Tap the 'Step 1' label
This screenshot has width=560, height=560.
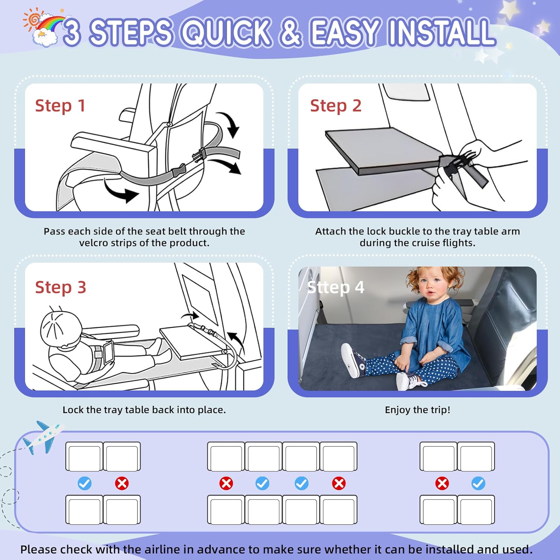coord(60,106)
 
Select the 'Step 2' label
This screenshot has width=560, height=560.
coord(336,106)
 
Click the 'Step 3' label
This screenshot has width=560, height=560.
coord(60,287)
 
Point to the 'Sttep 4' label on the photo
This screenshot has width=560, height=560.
coord(335,287)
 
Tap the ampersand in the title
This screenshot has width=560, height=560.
coord(290,32)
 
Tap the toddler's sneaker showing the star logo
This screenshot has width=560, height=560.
coord(353,361)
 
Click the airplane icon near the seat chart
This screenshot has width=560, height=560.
coord(43,438)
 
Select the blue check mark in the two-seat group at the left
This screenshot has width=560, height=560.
coord(84,483)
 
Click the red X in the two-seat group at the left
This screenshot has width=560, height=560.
coord(122,483)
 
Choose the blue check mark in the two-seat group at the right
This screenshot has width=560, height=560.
coord(478,483)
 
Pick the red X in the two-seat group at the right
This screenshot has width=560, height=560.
coord(442,483)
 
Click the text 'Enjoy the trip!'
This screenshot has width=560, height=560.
coord(417,410)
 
